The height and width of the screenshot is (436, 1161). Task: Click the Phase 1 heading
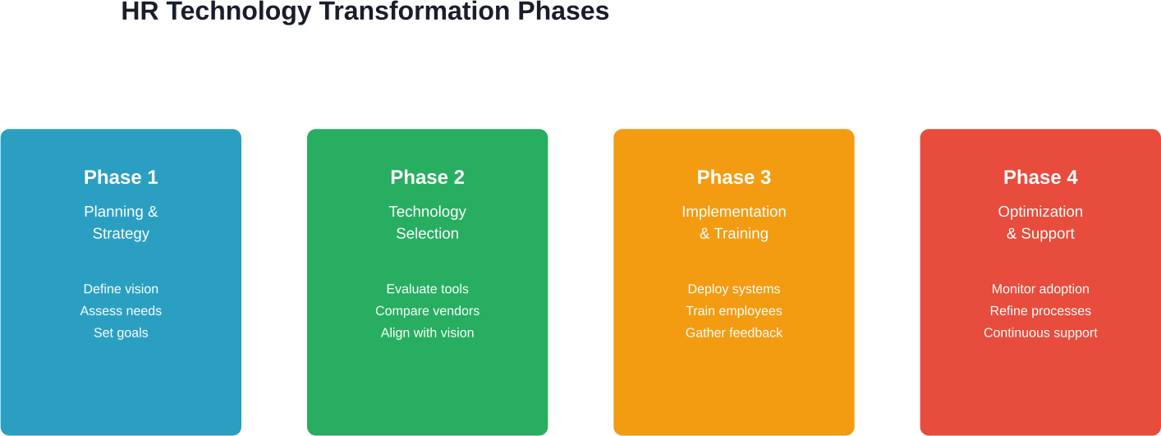coord(121,177)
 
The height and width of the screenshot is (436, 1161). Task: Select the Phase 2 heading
coord(427,177)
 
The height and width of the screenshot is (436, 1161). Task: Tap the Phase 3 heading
coord(733,177)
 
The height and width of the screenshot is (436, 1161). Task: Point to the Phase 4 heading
coord(1040,177)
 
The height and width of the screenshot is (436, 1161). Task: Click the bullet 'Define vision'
coord(121,289)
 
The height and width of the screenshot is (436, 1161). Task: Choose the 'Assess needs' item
coord(121,311)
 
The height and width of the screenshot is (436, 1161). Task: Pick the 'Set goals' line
coord(121,333)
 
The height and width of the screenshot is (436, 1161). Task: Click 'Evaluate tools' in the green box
coord(427,289)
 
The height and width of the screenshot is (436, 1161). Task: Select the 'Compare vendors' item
coord(427,311)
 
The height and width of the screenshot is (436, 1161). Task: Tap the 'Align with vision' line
coord(427,333)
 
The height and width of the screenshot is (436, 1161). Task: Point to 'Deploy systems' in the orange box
coord(733,289)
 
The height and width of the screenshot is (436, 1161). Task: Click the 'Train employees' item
coord(733,311)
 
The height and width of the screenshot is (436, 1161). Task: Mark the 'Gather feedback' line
coord(733,333)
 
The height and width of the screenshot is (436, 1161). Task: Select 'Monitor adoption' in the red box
coord(1040,289)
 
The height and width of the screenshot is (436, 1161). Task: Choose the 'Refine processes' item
coord(1040,311)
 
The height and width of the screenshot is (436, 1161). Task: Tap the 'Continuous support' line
coord(1040,333)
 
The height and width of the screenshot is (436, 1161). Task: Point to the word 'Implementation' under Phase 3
coord(733,212)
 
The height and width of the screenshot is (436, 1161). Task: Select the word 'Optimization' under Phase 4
coord(1040,212)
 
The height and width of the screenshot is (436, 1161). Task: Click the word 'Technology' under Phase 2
coord(427,212)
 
